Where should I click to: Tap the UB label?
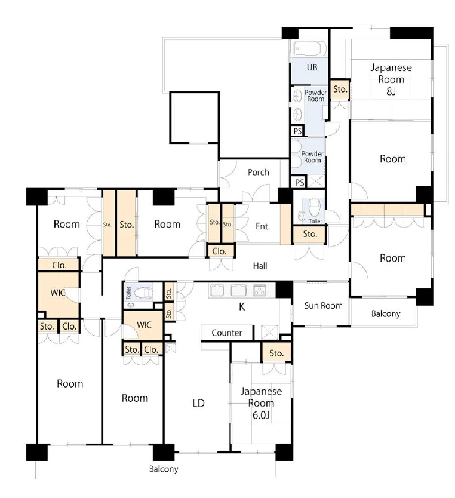312,67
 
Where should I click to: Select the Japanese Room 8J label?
391,79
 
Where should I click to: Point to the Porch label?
258,172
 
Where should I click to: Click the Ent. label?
263,226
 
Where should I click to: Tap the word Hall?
260,266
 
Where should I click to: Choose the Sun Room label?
323,306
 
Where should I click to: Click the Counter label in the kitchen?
227,333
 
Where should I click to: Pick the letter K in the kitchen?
242,306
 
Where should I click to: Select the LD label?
198,403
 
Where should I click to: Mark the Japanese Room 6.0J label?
261,403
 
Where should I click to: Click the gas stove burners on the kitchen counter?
259,290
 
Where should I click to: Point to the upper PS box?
298,131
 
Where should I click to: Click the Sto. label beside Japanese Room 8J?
340,89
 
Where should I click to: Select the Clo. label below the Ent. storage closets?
219,251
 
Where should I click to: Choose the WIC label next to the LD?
144,325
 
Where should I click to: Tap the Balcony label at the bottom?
164,469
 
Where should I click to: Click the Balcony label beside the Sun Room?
386,314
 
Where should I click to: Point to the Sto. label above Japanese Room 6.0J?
276,353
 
